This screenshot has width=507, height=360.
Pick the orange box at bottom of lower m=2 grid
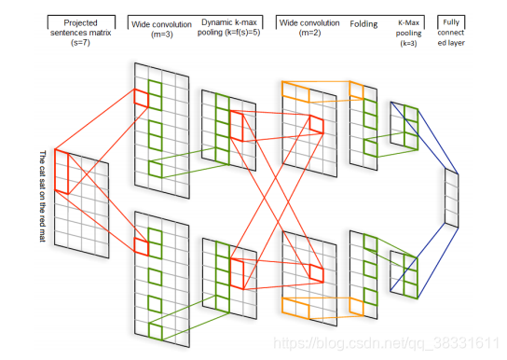(307, 307)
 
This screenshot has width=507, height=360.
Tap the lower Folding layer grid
(363, 271)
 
